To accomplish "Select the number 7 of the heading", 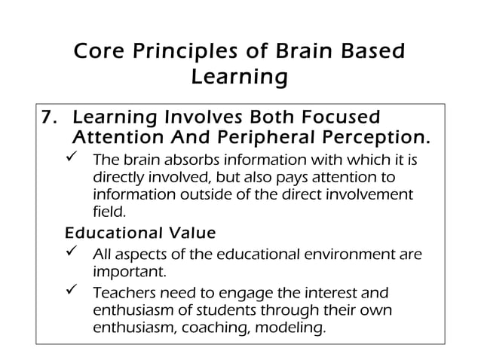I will click(48, 118).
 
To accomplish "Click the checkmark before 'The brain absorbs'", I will click(75, 160).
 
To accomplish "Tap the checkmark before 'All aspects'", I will click(75, 253).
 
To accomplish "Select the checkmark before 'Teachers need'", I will click(75, 291).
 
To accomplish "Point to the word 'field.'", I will click(109, 212).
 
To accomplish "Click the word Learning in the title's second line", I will click(240, 76).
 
